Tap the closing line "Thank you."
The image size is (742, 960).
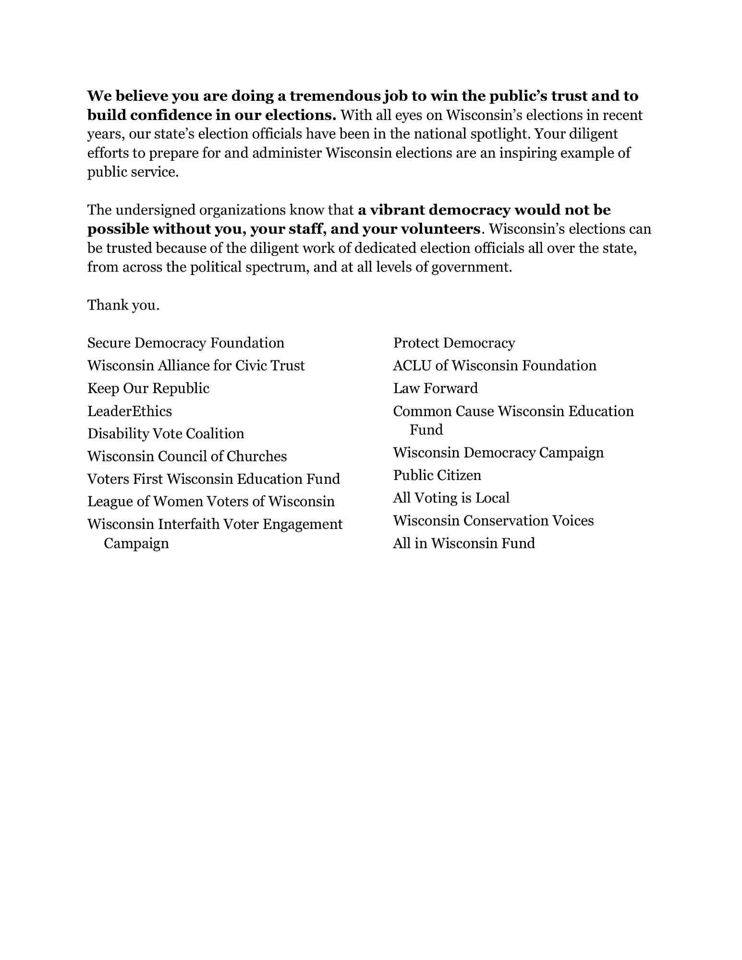[123, 305]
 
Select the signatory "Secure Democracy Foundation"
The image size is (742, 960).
[185, 343]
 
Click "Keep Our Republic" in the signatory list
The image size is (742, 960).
[148, 388]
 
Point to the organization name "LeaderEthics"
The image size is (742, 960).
[129, 411]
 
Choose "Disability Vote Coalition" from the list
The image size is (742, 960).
[165, 433]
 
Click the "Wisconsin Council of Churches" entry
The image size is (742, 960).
[187, 456]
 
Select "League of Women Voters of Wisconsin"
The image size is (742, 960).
[211, 501]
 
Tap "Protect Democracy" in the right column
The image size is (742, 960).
[454, 343]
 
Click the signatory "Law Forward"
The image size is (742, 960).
[435, 388]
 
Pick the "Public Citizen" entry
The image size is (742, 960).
[437, 475]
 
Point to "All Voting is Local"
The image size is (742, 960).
[451, 498]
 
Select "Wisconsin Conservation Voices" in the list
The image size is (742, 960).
[493, 520]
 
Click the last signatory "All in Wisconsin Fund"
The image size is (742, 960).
[463, 543]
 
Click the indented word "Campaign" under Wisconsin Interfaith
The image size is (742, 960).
[136, 543]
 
